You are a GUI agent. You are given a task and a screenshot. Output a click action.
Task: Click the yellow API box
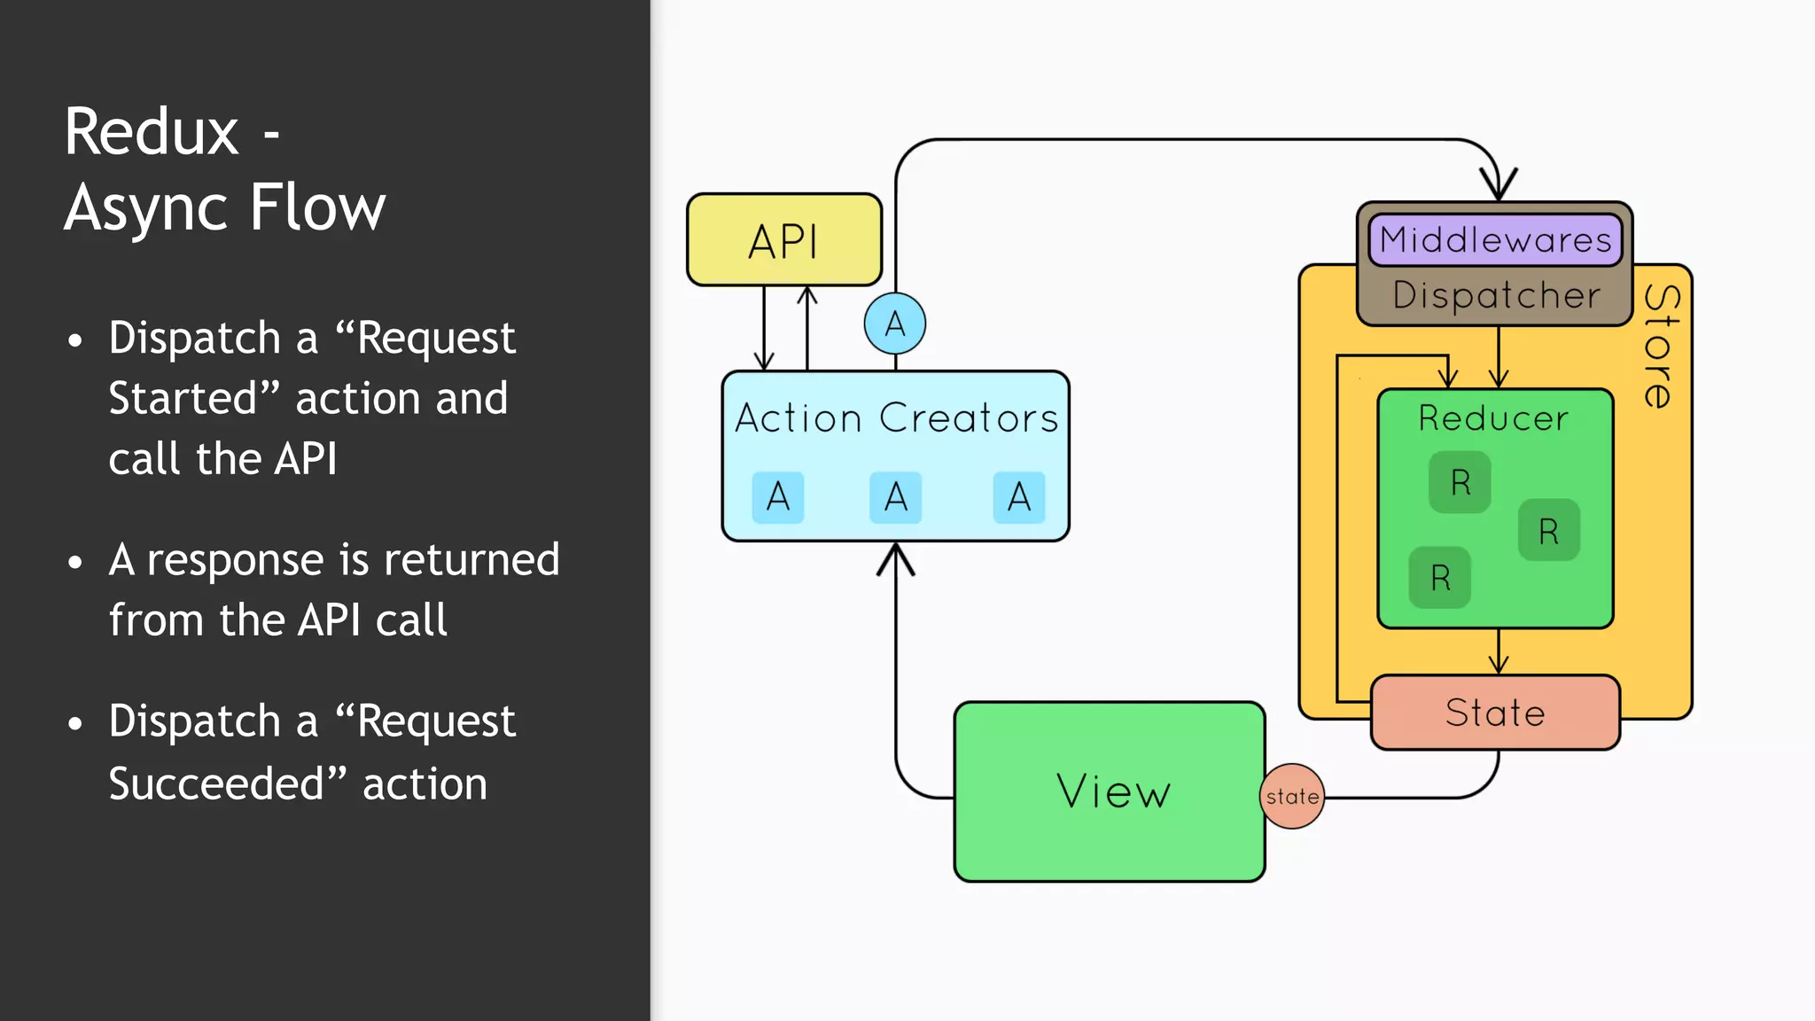(x=784, y=240)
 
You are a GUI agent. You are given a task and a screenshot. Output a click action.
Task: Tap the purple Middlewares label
(x=1495, y=240)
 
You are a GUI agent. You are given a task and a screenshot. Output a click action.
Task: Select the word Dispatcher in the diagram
(x=1496, y=295)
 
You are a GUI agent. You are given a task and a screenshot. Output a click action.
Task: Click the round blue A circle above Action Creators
(x=895, y=323)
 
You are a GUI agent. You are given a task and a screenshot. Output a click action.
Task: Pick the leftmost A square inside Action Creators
(x=778, y=497)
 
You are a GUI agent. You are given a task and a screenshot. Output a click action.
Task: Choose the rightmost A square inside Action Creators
(x=1019, y=497)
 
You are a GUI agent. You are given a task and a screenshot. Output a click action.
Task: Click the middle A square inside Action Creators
(x=896, y=497)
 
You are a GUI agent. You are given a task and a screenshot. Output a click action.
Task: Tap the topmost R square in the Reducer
(x=1460, y=482)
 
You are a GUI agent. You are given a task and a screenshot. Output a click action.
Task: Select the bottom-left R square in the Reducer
(x=1440, y=578)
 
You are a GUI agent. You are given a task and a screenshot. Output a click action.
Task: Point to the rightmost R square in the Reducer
(x=1548, y=531)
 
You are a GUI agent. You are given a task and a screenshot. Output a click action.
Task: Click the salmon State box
(x=1495, y=713)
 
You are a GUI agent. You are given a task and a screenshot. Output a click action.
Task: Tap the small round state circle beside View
(x=1292, y=796)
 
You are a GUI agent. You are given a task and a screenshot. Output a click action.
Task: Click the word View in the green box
(x=1113, y=791)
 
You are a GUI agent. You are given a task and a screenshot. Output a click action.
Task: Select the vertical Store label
(x=1660, y=347)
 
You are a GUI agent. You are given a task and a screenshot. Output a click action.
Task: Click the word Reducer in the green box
(x=1493, y=418)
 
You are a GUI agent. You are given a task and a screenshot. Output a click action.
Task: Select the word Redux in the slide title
(x=152, y=132)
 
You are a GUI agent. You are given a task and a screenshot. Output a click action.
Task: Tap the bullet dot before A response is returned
(x=75, y=562)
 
